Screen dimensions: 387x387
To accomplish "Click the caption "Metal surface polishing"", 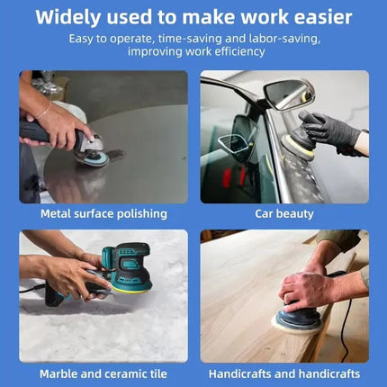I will (x=103, y=214).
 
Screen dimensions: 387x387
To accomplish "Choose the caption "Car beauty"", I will (x=284, y=214).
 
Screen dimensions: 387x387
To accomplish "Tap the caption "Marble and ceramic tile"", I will (x=103, y=373).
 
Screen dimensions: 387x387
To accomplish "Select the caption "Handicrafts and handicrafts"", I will (x=284, y=373).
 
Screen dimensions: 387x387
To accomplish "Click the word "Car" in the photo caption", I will (x=265, y=214).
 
